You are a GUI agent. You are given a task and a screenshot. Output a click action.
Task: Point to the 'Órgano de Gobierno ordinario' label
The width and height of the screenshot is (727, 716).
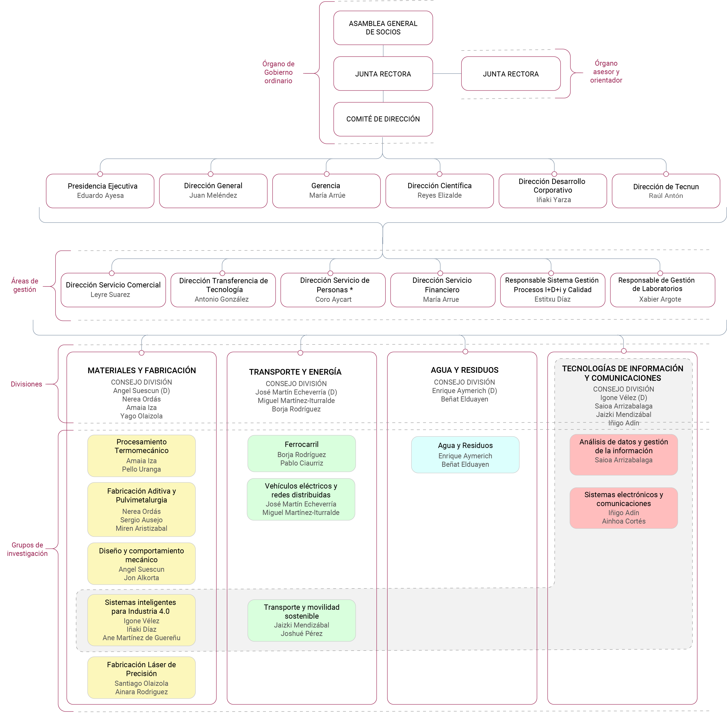click(278, 72)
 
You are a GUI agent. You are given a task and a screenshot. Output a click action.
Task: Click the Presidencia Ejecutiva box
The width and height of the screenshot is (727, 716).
click(100, 191)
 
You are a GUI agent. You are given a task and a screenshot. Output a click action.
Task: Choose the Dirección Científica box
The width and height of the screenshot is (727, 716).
click(439, 191)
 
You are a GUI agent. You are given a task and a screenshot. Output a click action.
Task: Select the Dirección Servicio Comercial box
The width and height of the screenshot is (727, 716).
click(113, 290)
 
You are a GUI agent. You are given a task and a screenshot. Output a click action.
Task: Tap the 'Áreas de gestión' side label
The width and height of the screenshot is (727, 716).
click(25, 285)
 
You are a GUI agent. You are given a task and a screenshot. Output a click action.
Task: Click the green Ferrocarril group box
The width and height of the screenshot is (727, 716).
click(301, 453)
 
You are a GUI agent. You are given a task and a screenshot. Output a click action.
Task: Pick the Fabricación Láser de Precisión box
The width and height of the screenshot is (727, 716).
click(141, 678)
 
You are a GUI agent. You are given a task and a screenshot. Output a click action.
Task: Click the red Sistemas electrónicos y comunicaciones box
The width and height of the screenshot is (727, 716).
click(623, 508)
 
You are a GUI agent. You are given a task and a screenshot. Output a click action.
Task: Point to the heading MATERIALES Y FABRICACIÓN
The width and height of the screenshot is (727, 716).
click(142, 370)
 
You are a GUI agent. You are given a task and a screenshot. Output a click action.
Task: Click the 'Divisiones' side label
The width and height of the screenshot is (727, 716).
click(26, 384)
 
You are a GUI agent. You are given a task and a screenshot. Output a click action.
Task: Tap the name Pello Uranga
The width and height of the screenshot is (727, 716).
click(141, 469)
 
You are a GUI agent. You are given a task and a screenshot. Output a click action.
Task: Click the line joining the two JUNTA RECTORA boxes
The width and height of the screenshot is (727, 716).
click(447, 74)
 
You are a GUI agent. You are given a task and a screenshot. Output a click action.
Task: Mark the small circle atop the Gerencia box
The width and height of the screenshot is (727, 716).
click(326, 174)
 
